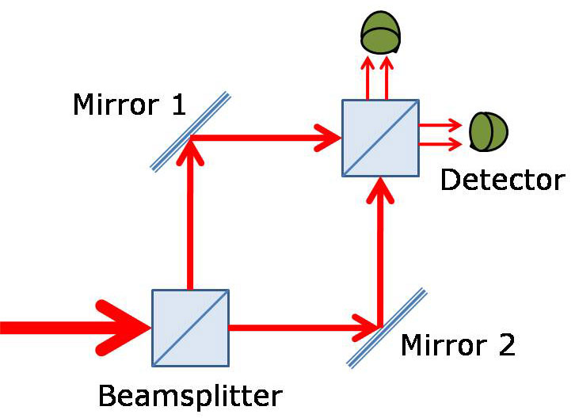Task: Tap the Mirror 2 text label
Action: click(x=458, y=345)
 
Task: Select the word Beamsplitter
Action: click(x=189, y=393)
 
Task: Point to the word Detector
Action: click(x=502, y=180)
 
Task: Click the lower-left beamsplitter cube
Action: click(x=190, y=327)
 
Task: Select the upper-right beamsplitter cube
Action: click(x=380, y=138)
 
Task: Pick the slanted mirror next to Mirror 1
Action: click(x=191, y=131)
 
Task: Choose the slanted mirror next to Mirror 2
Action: click(x=387, y=327)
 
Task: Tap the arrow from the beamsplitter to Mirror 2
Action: click(x=301, y=326)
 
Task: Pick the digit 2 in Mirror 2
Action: click(x=504, y=345)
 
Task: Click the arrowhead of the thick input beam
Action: click(x=127, y=326)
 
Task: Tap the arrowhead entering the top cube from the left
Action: click(x=326, y=139)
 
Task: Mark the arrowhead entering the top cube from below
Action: click(x=381, y=190)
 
